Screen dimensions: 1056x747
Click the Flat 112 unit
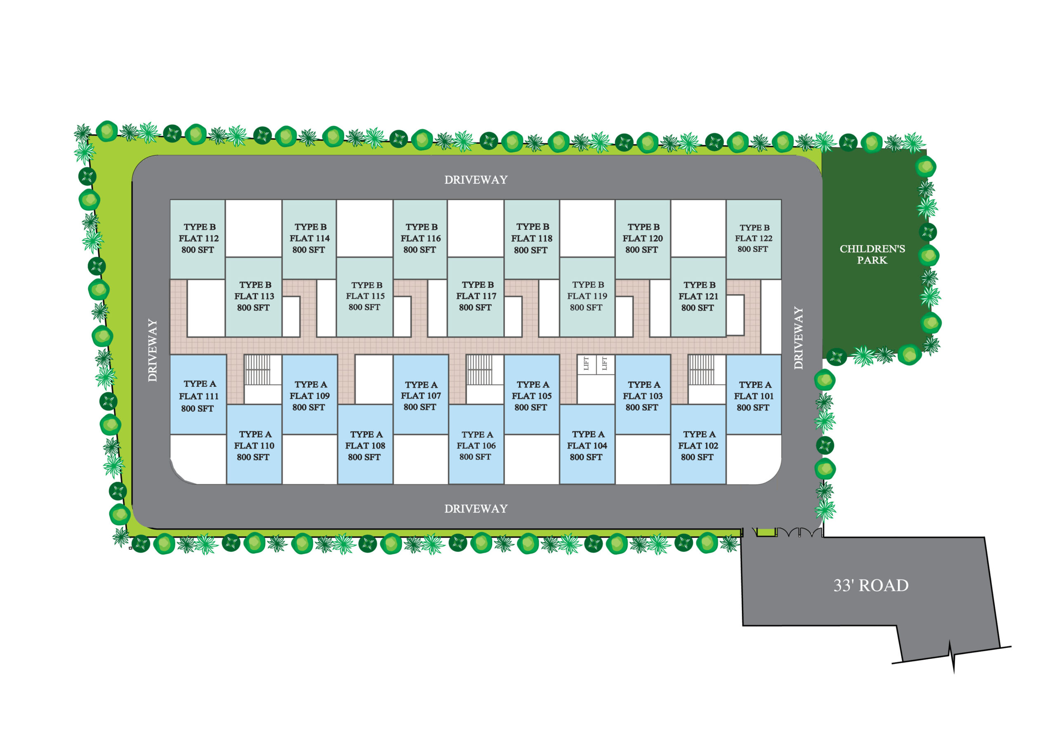tap(198, 239)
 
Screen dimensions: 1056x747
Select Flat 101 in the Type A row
tap(753, 395)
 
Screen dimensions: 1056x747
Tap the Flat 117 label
tap(476, 296)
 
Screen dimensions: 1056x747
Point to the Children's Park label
tap(872, 254)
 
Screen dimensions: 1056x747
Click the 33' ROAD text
tap(871, 586)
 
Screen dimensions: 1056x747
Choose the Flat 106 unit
tap(476, 444)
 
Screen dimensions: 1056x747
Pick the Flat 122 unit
tap(753, 239)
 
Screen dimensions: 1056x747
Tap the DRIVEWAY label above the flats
tap(476, 180)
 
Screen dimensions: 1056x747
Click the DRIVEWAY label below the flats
tap(476, 508)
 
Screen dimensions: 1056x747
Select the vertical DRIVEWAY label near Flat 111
tap(152, 350)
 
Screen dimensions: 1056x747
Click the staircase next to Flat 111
tap(257, 370)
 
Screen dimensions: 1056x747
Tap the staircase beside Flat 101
tap(701, 370)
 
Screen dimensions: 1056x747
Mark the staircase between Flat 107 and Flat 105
tap(479, 370)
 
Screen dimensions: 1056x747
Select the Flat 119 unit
tap(587, 297)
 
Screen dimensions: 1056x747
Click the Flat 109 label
tap(309, 396)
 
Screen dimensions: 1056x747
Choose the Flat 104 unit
tap(587, 444)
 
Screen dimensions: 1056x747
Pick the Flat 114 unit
tap(309, 239)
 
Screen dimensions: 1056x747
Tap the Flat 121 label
tap(698, 296)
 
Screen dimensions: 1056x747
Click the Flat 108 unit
tap(365, 444)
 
